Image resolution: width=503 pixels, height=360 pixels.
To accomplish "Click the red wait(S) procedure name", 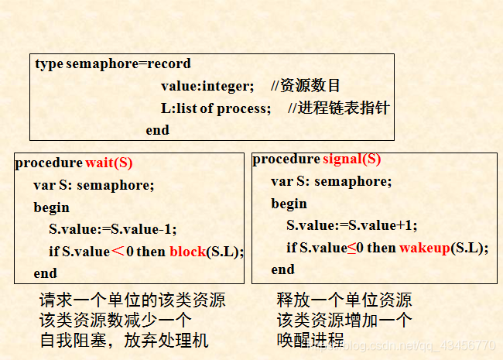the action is (109, 163).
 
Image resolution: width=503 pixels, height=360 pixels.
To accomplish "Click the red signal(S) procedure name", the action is (351, 159).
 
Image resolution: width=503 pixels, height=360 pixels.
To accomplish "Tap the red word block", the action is (186, 251).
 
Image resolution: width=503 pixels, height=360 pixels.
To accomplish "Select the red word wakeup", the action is (423, 248).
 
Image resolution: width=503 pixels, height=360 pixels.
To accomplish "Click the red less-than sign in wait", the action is (118, 251).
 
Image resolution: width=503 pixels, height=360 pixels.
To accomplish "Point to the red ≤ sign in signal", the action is (351, 248).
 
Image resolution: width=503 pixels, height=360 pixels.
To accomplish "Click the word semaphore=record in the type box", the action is (128, 63).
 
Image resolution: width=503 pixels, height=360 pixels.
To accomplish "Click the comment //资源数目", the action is (306, 85).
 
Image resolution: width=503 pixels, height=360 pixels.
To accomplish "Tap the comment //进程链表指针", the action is (338, 108).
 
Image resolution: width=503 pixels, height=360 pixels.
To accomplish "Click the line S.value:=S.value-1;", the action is (113, 229).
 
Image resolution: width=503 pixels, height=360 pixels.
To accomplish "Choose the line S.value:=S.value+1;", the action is (351, 225).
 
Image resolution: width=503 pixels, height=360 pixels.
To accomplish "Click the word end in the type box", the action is (157, 129).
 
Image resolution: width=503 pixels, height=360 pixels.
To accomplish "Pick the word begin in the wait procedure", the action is (51, 207).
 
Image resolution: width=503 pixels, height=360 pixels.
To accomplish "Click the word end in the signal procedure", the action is (282, 269).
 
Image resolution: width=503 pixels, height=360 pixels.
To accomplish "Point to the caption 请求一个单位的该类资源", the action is (132, 300).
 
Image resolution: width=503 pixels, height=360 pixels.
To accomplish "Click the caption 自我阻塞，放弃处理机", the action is (124, 340).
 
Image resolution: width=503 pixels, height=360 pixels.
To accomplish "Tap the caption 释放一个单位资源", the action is (344, 300).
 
